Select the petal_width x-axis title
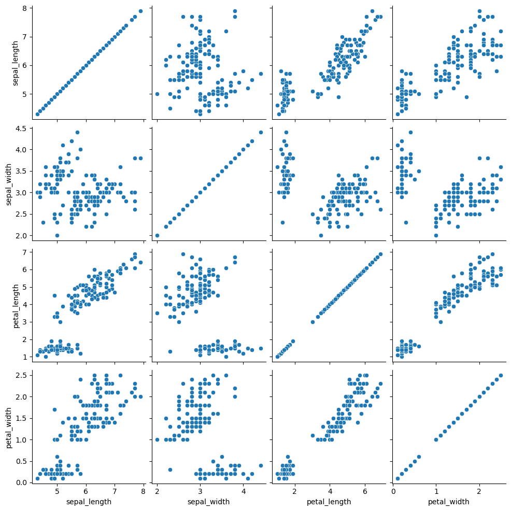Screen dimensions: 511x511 pyautogui.click(x=448, y=502)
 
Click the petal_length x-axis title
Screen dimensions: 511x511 pyautogui.click(x=329, y=502)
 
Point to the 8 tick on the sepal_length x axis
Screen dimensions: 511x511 pyautogui.click(x=143, y=492)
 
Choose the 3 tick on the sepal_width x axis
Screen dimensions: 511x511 pyautogui.click(x=200, y=492)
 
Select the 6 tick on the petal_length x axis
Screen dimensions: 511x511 pyautogui.click(x=365, y=492)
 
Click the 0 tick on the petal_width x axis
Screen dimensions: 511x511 pyautogui.click(x=393, y=492)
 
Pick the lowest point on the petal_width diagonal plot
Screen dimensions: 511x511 pyautogui.click(x=398, y=478)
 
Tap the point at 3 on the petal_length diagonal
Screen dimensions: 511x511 pyautogui.click(x=313, y=322)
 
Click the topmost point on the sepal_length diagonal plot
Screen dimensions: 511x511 pyautogui.click(x=140, y=11)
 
